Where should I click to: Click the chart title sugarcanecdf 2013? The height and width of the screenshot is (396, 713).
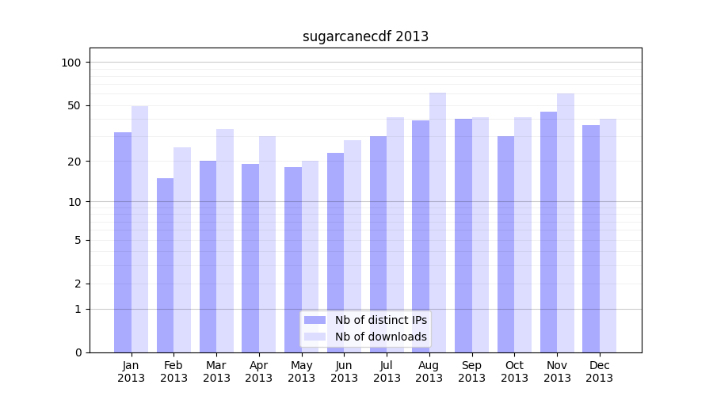(365, 36)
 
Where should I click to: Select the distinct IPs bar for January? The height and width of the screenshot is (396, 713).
(123, 242)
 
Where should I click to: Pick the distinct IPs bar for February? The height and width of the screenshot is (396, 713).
(165, 265)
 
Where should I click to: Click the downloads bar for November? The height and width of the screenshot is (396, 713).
(565, 222)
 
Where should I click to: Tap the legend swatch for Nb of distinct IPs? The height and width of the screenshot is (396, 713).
(315, 320)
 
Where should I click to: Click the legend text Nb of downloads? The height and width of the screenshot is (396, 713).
(380, 337)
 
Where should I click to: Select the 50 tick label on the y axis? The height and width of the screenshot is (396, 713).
(74, 105)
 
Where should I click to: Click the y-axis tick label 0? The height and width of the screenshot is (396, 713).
(78, 352)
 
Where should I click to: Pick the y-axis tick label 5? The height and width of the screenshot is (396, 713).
(78, 240)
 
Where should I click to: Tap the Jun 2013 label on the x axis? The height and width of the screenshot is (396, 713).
(344, 371)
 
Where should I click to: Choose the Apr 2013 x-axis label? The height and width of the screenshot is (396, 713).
(259, 371)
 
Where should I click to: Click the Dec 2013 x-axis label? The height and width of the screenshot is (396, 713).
(600, 371)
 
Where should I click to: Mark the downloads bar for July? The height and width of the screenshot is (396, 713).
(395, 234)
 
